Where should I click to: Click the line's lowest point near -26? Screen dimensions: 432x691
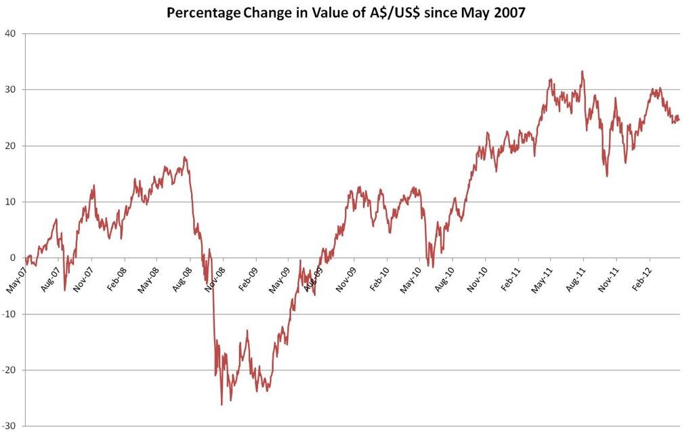coord(222,405)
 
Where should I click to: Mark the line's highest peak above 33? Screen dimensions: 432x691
coord(583,71)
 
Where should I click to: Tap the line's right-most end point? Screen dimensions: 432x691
coord(679,119)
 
